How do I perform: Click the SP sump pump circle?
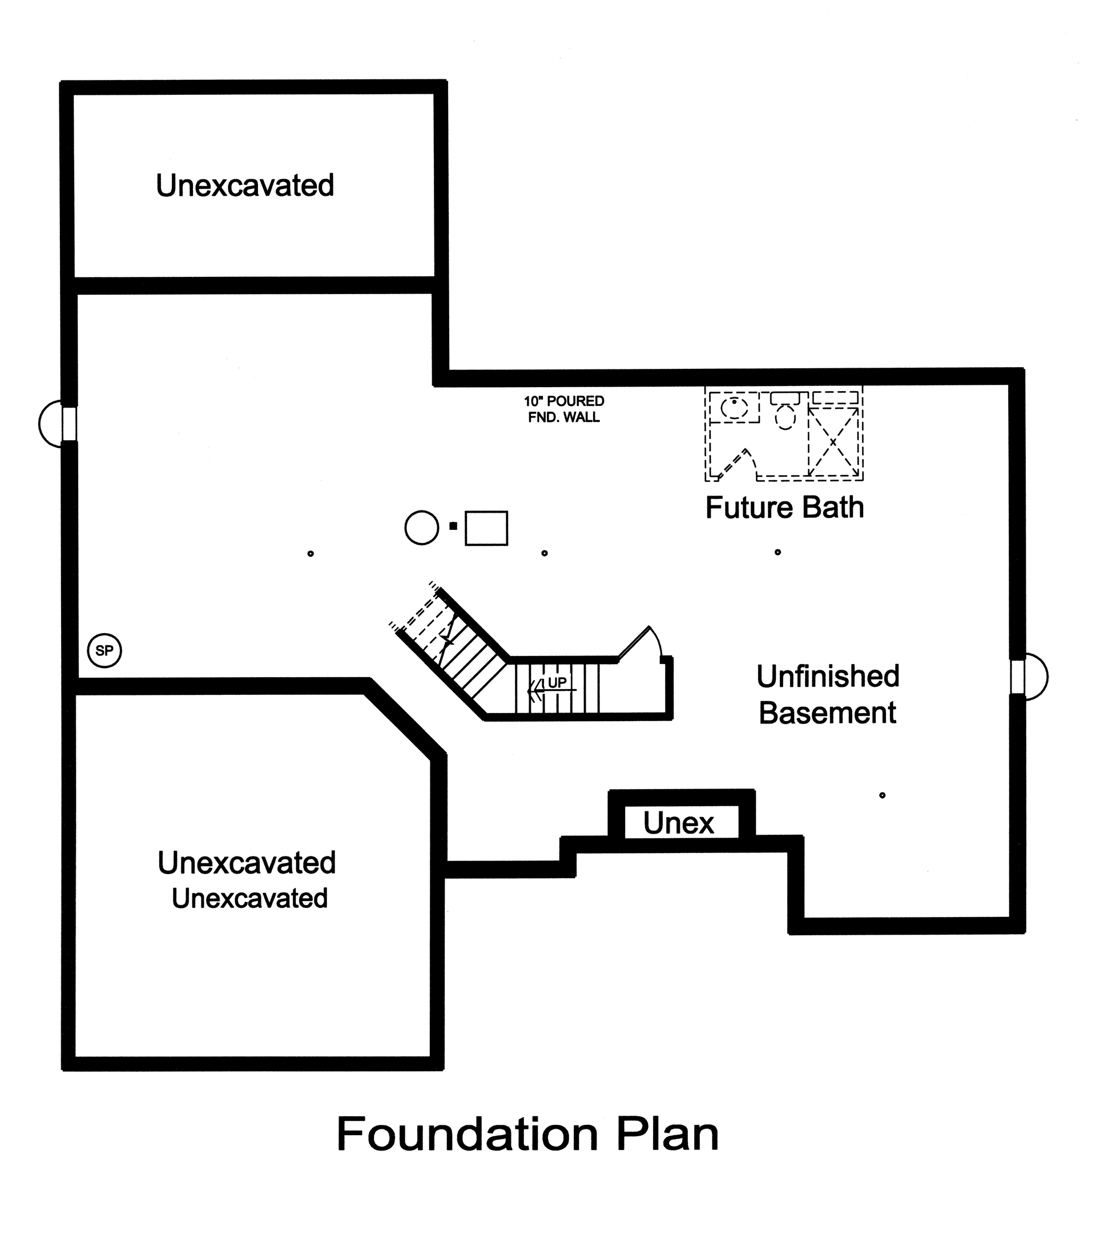104,651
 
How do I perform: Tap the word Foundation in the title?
466,1135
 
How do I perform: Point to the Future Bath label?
784,508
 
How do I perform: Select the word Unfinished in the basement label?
828,676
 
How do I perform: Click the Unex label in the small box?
678,823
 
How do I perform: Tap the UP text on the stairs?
557,683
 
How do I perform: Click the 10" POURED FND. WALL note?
564,409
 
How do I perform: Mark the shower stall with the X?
833,442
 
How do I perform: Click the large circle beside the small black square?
421,528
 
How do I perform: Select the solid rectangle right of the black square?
486,528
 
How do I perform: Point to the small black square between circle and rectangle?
453,526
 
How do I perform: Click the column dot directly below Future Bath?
777,552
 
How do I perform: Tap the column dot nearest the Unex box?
882,795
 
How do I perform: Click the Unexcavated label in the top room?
245,186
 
